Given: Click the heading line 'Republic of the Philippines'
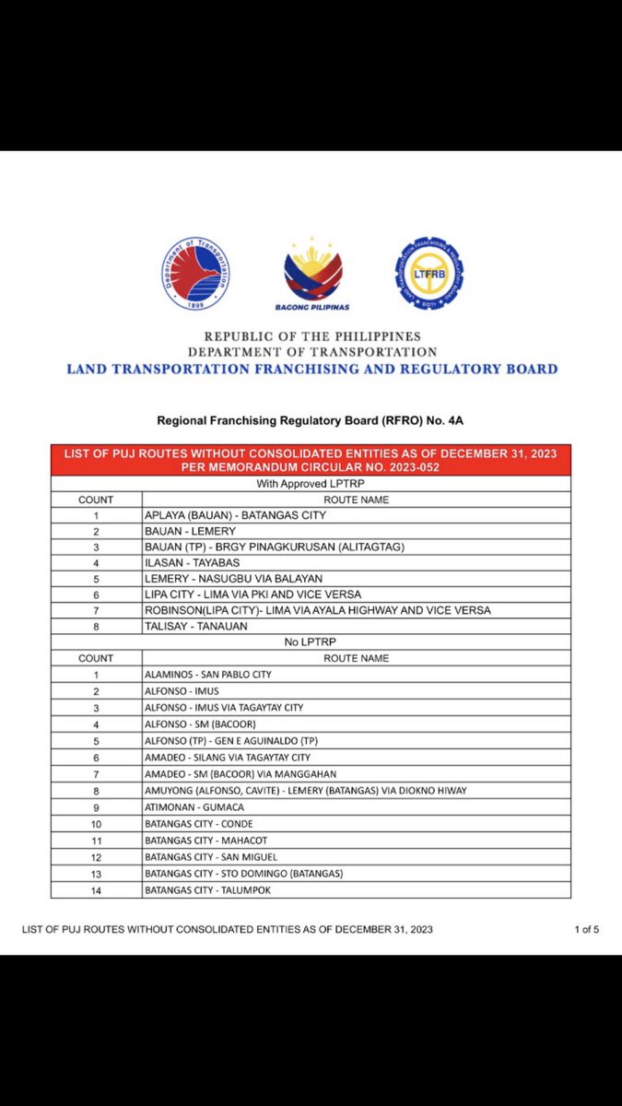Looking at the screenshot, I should click(x=311, y=336).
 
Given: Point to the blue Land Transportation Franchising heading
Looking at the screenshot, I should click(x=311, y=369).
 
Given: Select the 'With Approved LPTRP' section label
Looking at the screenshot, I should click(x=311, y=483).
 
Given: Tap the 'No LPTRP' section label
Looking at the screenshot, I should click(x=311, y=641).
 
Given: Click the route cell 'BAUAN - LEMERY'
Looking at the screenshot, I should click(x=191, y=531).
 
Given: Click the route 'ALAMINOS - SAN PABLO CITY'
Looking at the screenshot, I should click(x=207, y=674).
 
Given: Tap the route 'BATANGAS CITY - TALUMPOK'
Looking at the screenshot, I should click(x=208, y=889).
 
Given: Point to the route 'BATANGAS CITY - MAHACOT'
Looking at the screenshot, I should click(x=206, y=840).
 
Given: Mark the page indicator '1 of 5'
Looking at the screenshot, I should click(x=586, y=929).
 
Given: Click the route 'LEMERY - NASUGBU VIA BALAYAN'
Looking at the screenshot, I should click(x=233, y=578).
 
